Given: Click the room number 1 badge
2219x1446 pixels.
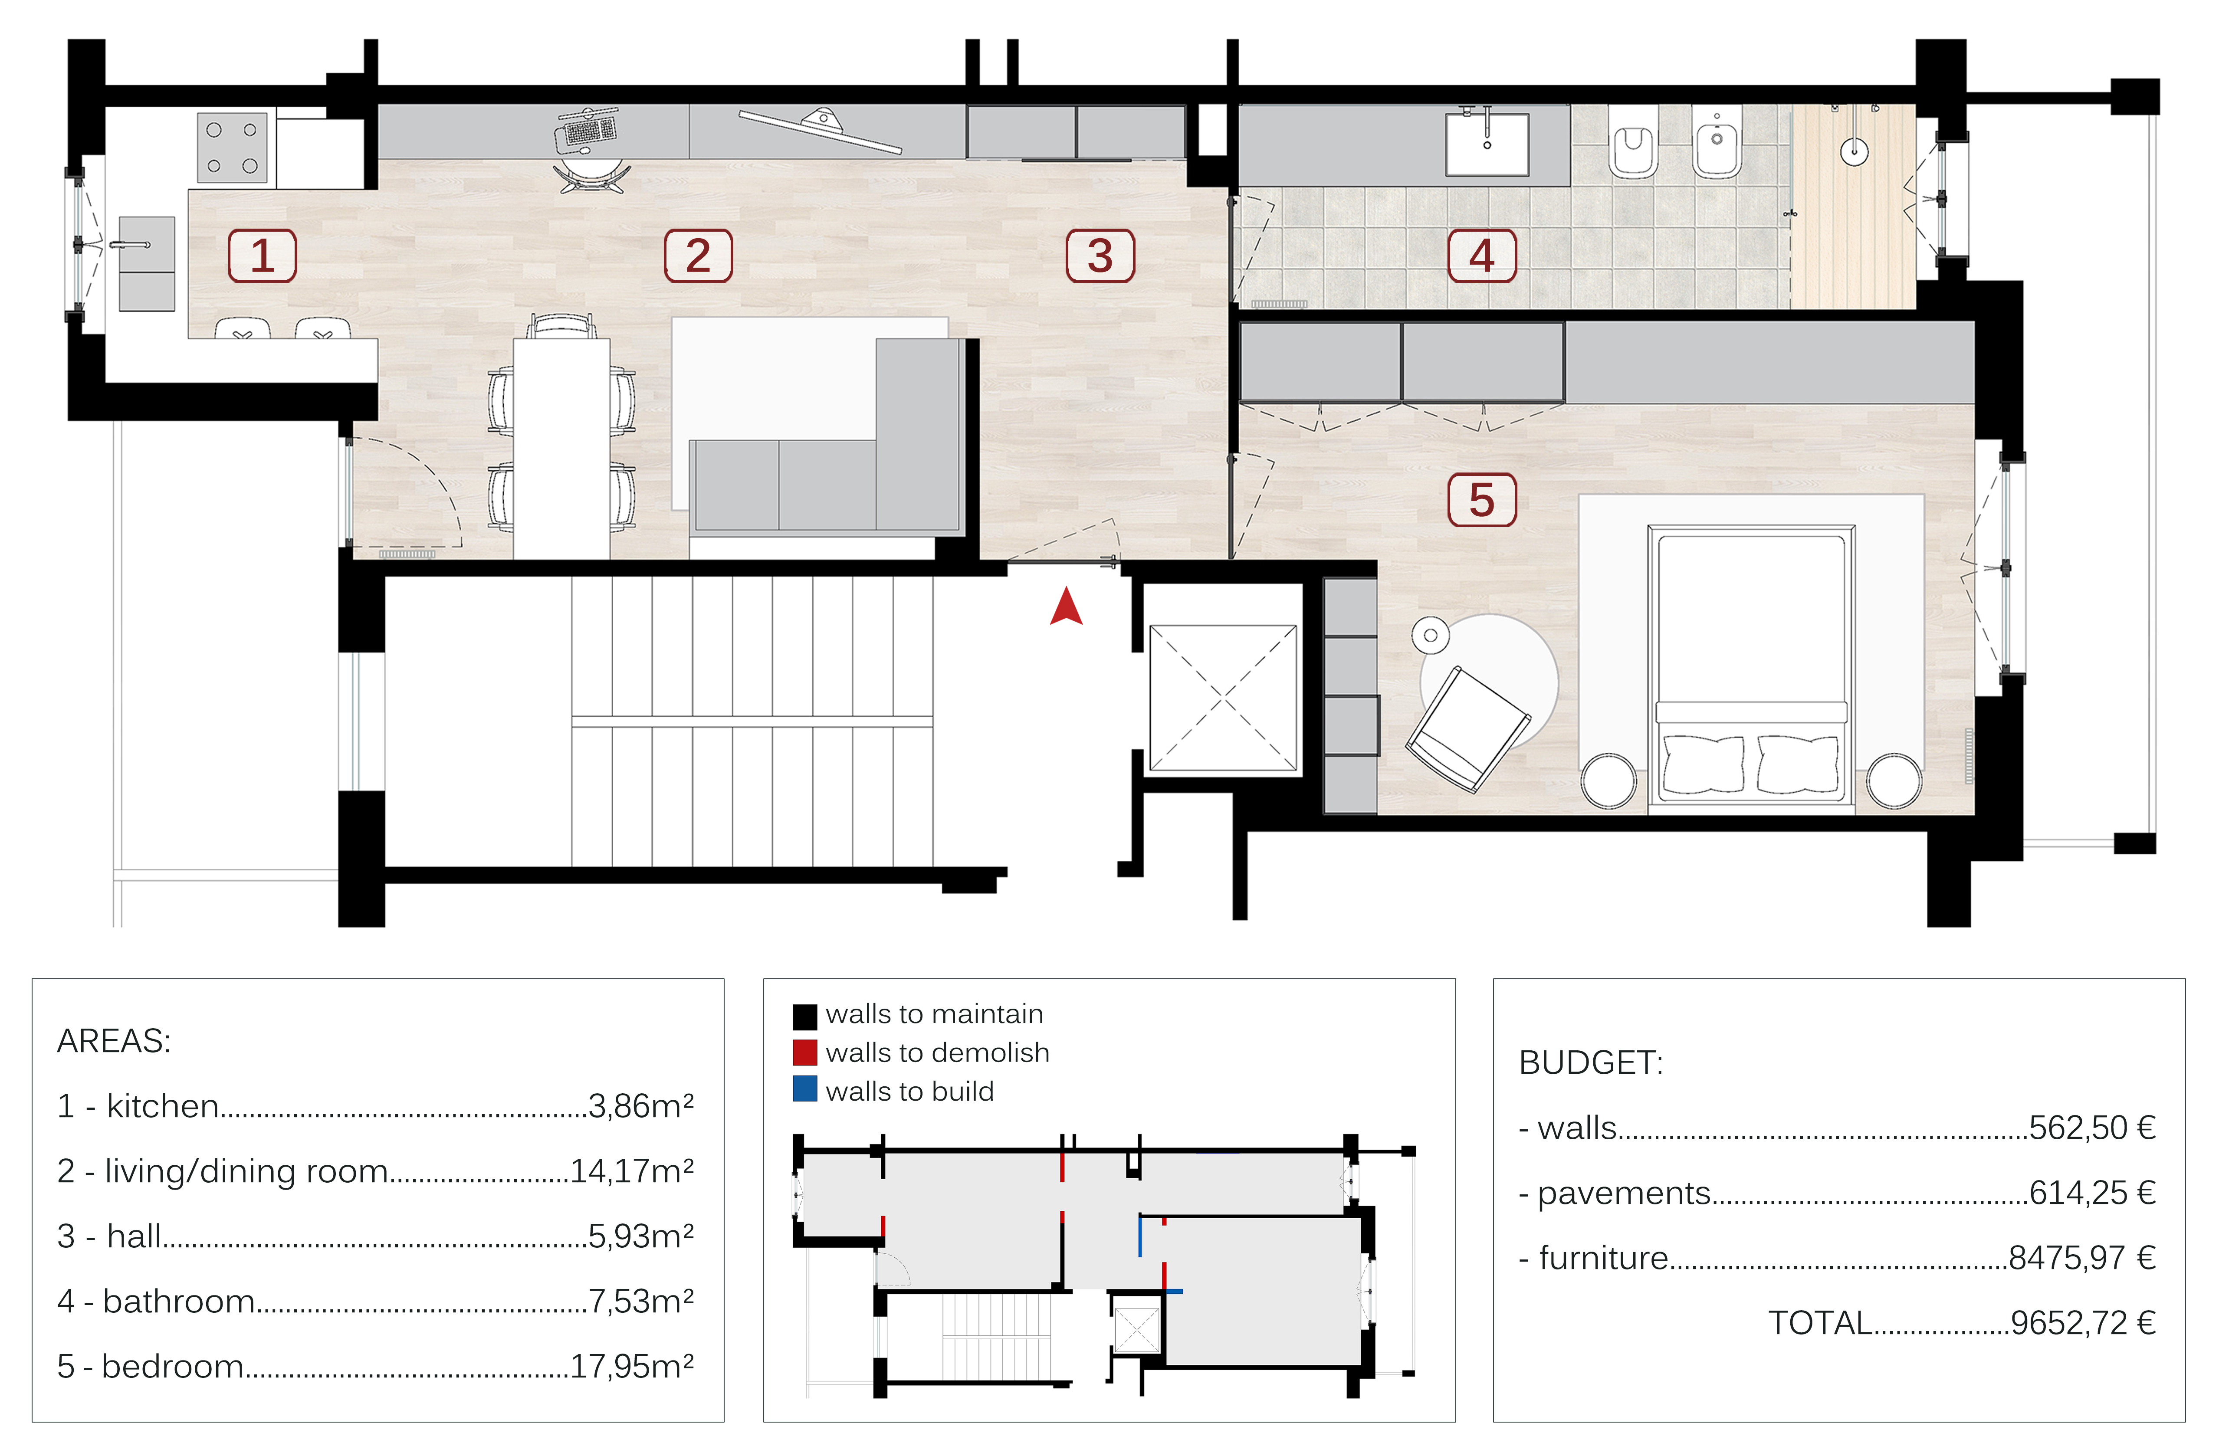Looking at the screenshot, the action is [262, 256].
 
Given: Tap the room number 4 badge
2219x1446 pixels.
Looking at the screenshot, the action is [1481, 256].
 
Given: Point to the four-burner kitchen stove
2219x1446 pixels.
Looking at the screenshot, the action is [232, 148].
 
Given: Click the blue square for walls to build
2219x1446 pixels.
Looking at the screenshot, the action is [804, 1089].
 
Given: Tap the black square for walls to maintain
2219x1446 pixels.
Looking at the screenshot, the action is [804, 1015].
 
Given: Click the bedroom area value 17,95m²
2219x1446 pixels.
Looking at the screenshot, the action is [632, 1366].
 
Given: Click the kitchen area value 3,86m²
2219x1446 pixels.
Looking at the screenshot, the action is [641, 1106].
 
